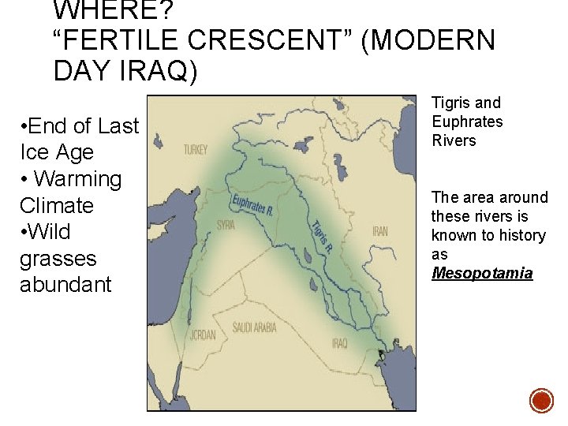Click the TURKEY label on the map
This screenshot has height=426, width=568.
click(x=196, y=149)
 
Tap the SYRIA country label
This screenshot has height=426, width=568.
click(x=226, y=225)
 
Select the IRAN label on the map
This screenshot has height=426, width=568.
click(x=379, y=231)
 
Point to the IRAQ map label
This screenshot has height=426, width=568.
click(x=339, y=343)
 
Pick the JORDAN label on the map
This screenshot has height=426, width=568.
click(x=202, y=334)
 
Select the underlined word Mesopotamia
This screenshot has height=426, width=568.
click(x=482, y=273)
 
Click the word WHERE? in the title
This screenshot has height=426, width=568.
click(x=107, y=11)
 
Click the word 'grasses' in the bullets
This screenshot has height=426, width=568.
click(x=58, y=259)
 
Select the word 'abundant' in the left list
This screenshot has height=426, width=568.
click(x=65, y=285)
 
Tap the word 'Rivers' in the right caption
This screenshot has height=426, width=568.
click(x=454, y=140)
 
